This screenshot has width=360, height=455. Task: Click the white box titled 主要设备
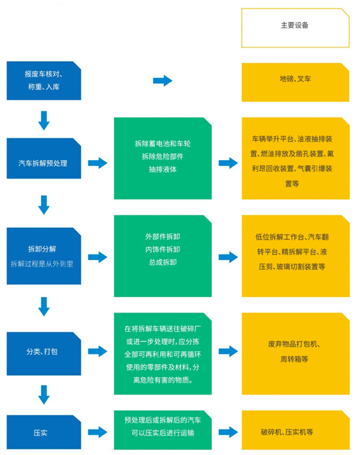pos(296,28)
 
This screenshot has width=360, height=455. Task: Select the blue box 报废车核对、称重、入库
pos(44,81)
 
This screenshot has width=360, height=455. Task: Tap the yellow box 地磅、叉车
pos(296,82)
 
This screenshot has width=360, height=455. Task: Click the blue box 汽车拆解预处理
pos(44,159)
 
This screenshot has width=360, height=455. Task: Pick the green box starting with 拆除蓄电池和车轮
pos(163,159)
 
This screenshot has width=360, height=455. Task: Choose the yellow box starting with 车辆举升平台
pos(296,159)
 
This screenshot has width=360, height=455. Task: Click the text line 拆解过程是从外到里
pos(42,264)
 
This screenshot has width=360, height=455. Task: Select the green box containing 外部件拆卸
pos(163,256)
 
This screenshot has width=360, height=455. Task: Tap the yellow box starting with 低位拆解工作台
pos(296,256)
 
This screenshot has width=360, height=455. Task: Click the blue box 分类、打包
pos(44,354)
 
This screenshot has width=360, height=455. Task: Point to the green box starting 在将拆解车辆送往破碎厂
pos(163,354)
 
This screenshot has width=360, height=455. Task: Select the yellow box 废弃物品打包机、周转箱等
pos(296,354)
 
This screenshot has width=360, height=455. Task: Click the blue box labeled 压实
pos(44,432)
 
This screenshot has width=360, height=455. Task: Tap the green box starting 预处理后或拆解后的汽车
pos(163,430)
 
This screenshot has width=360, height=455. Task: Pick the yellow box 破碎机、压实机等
pos(296,430)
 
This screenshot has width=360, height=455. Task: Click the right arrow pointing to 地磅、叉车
pos(163,81)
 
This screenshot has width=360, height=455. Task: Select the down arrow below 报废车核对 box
pos(44,120)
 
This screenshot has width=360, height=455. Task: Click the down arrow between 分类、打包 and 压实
pos(44,395)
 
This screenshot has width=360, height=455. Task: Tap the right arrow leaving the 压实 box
pos(98,432)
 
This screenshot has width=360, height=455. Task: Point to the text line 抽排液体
pos(163,169)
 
